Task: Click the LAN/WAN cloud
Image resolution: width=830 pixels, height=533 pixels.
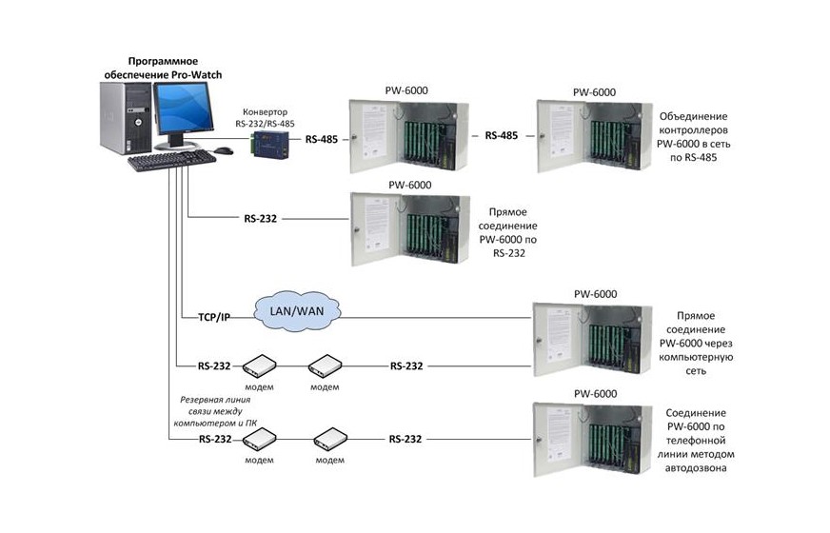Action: tap(297, 311)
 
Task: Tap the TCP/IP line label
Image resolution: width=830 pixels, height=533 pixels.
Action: tap(214, 317)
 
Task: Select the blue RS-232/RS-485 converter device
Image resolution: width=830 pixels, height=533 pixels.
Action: tap(270, 144)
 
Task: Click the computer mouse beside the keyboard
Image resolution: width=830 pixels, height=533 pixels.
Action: tap(224, 150)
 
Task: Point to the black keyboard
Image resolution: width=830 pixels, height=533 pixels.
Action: tap(172, 161)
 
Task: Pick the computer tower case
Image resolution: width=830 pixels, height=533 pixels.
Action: tap(127, 117)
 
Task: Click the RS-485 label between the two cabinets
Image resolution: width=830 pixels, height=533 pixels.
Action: tap(502, 135)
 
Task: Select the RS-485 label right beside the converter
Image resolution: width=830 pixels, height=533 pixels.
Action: tap(322, 140)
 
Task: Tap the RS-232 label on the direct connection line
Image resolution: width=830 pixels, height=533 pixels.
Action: tap(261, 219)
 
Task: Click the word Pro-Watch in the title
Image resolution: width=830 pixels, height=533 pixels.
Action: tap(196, 74)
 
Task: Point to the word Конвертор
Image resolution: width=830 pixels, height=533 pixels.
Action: tap(266, 111)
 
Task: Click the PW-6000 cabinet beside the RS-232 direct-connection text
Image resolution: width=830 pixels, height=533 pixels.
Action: tap(410, 228)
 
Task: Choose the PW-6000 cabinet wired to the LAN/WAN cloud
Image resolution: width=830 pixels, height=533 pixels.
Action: tap(592, 339)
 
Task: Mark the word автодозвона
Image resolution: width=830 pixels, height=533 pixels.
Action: tap(696, 468)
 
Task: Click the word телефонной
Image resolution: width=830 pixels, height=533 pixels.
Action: tap(696, 441)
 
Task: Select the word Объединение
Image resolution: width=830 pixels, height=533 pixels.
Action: tap(694, 116)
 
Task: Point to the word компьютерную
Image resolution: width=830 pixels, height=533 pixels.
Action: tap(696, 357)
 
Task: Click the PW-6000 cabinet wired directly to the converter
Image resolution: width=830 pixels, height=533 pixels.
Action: tap(408, 136)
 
